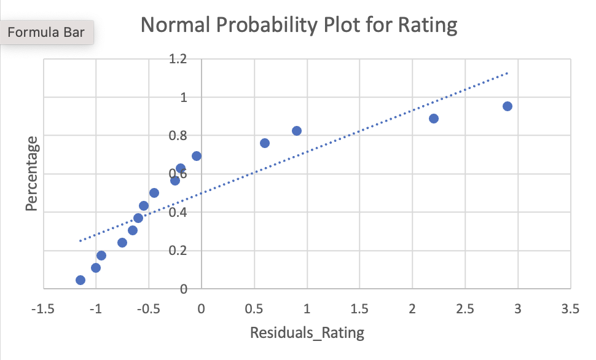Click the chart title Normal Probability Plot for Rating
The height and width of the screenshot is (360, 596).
point(299,26)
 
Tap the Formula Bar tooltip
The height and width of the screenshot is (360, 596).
point(47,33)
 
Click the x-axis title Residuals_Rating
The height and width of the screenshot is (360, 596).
point(307,333)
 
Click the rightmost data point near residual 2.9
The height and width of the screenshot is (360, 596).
point(508,106)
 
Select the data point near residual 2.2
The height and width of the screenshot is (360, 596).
point(434,119)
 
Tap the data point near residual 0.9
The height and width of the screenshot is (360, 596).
point(297,131)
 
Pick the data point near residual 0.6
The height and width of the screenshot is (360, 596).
point(265,143)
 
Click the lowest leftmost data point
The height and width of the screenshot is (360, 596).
point(80,280)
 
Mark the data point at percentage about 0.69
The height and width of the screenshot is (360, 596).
point(197,156)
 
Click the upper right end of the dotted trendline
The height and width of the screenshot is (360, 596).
point(507,73)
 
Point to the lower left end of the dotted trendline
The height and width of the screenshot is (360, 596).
point(80,241)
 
